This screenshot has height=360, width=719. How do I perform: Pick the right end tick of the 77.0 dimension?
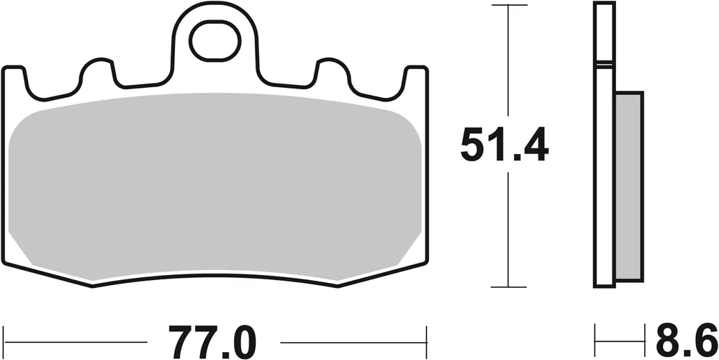click(427, 336)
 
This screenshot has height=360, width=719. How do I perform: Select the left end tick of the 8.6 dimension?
click(595, 336)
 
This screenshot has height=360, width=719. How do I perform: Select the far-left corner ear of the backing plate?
click(14, 76)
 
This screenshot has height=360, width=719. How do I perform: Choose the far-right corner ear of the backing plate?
click(415, 76)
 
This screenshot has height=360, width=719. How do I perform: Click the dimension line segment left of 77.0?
click(79, 337)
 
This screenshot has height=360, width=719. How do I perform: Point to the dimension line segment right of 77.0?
click(353, 337)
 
